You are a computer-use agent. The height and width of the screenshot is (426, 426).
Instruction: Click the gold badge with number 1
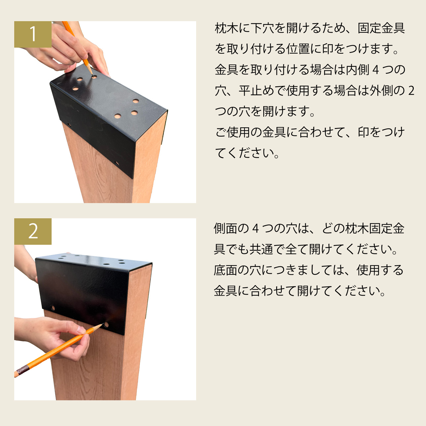tap(33, 34)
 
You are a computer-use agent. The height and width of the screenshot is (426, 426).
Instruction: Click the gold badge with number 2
tap(33, 232)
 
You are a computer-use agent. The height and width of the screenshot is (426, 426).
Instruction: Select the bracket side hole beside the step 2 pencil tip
tap(106, 325)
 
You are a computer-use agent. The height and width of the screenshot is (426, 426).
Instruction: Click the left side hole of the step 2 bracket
tap(53, 308)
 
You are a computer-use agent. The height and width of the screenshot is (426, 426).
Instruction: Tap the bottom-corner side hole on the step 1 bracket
tap(116, 164)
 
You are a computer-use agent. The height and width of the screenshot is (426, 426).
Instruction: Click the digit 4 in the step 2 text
tap(255, 229)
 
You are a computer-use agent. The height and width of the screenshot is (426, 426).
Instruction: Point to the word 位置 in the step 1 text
tap(298, 49)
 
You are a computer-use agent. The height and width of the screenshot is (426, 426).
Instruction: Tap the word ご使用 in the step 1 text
tap(233, 132)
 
